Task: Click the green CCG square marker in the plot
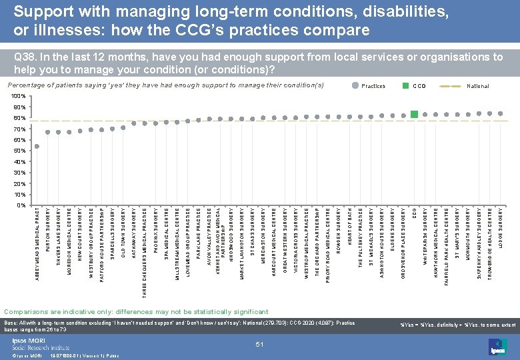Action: [x=414, y=115]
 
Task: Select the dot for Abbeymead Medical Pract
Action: [x=37, y=146]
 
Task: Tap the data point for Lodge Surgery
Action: [x=501, y=113]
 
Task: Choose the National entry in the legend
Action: [x=477, y=86]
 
